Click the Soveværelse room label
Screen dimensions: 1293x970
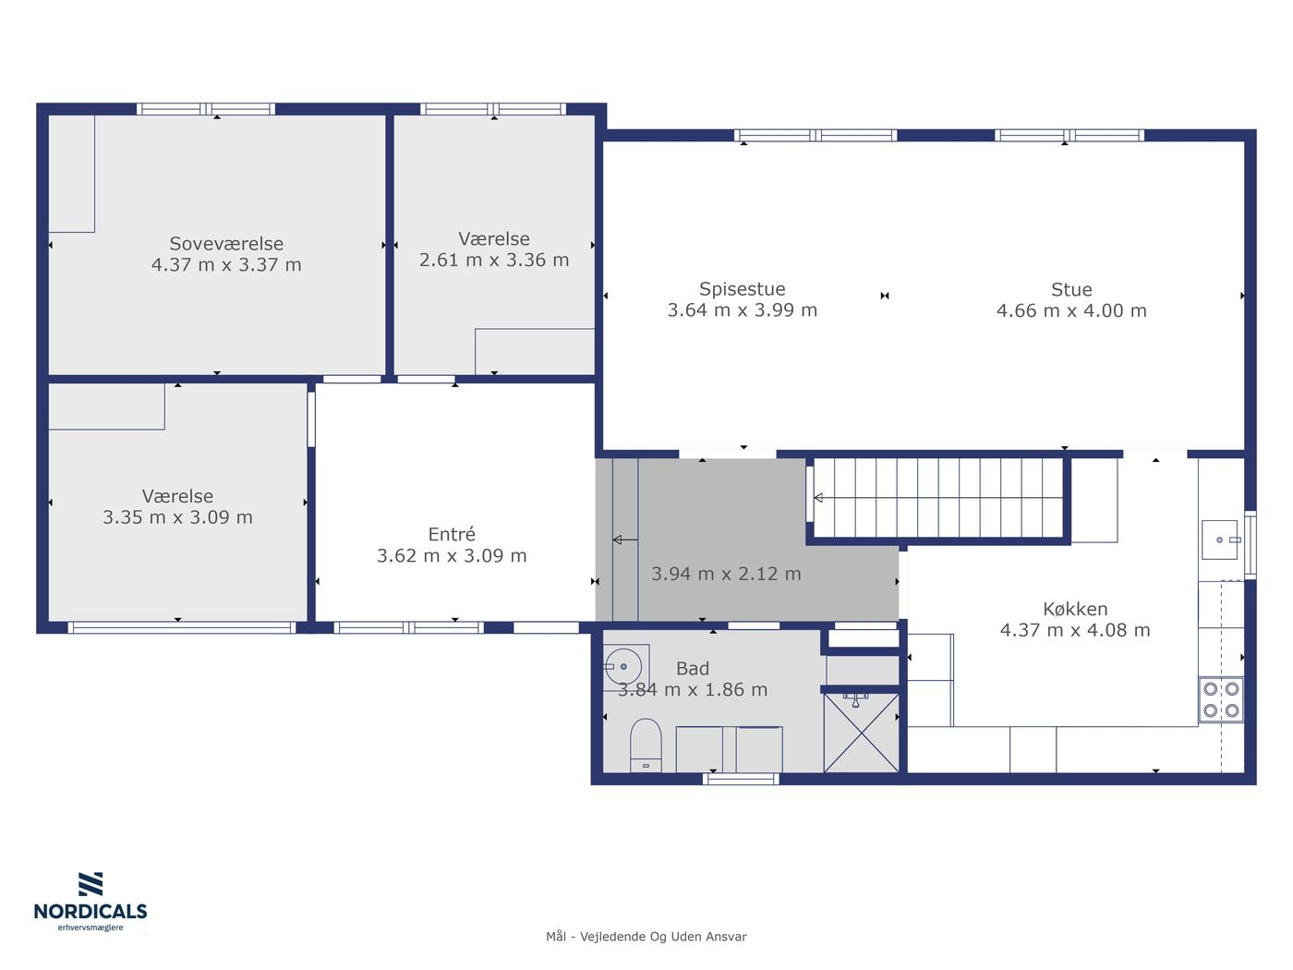tap(226, 244)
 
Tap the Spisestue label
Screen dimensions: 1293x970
tap(743, 289)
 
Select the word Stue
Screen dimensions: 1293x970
tap(1071, 290)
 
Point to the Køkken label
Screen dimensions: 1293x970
tap(1075, 609)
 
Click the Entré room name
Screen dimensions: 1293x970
tap(452, 534)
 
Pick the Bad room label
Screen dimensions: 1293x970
tap(693, 669)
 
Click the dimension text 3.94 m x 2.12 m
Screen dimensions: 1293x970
tap(726, 574)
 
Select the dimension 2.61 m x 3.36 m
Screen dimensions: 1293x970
tap(494, 260)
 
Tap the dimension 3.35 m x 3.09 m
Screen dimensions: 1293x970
tap(178, 517)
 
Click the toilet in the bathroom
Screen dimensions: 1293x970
tap(646, 745)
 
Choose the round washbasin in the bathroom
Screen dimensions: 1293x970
tap(622, 667)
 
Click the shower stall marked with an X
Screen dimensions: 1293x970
tap(861, 733)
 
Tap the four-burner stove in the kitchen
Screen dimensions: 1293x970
tap(1221, 699)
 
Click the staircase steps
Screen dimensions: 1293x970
tap(937, 498)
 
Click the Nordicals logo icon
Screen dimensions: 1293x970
tap(91, 884)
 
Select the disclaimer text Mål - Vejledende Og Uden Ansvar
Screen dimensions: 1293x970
tap(646, 937)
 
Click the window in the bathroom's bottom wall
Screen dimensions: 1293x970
tap(741, 779)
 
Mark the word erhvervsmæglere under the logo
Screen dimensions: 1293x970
tap(91, 928)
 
